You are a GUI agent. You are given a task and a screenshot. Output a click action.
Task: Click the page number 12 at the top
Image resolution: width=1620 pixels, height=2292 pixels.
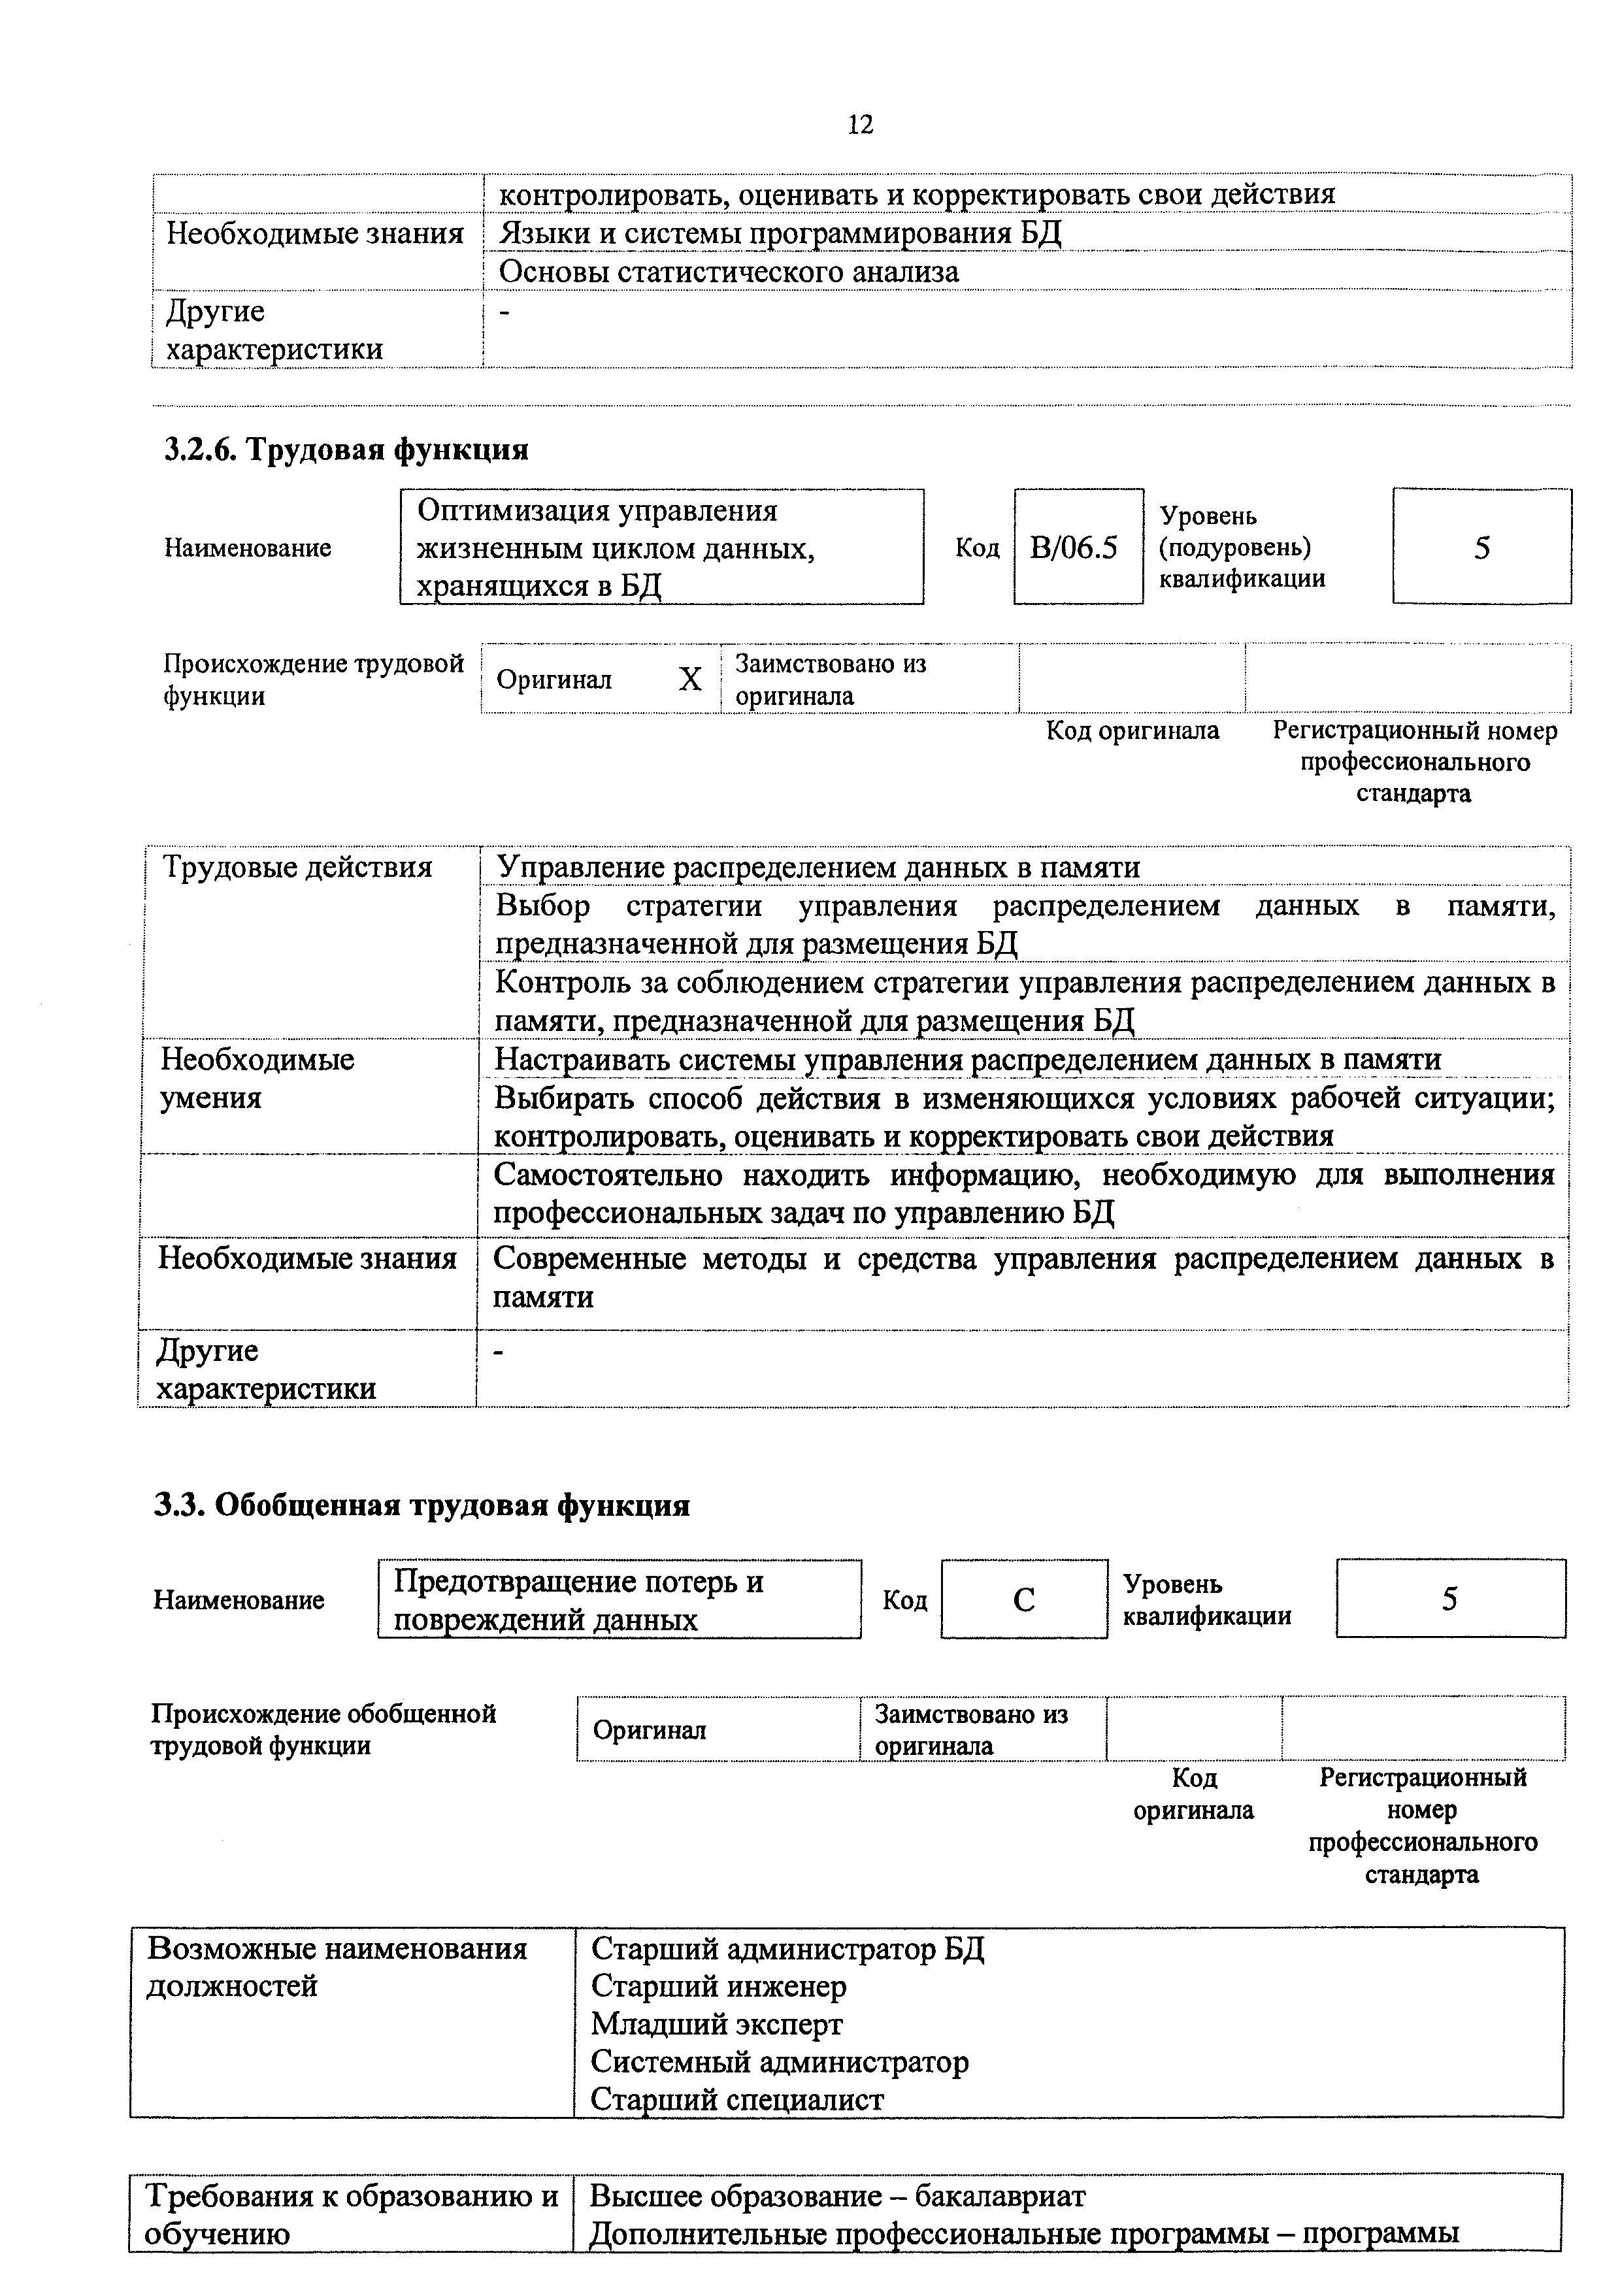859,125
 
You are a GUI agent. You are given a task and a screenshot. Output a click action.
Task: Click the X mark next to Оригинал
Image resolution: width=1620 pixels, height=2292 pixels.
689,679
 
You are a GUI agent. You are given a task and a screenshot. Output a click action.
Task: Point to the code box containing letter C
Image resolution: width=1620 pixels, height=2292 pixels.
1023,1599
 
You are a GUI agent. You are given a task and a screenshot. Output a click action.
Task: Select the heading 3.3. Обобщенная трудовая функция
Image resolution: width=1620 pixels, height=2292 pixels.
422,1505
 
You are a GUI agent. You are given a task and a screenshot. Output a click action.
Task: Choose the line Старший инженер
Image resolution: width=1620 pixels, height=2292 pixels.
719,1986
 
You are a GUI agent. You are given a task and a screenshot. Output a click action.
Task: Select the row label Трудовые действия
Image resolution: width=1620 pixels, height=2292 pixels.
297,866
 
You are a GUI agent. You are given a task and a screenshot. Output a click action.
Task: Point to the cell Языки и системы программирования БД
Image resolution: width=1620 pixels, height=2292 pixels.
780,234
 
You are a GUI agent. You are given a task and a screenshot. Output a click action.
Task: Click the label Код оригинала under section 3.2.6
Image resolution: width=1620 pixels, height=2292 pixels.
1132,730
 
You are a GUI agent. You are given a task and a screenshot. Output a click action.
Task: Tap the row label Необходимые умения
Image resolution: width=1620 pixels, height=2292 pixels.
257,1078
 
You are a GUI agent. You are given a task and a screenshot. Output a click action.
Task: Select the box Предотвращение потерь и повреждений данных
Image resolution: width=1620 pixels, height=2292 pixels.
619,1599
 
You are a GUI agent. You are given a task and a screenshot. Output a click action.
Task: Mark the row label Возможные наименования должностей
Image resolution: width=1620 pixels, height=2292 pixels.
337,1967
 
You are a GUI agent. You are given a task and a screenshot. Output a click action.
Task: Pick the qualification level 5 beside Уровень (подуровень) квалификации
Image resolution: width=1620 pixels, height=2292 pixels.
1481,547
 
